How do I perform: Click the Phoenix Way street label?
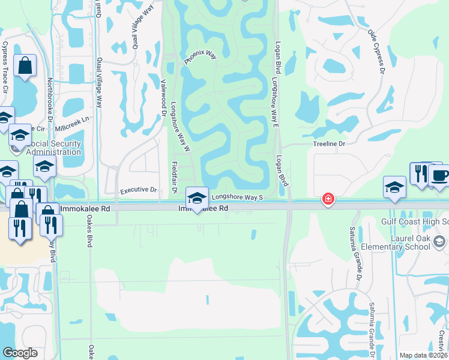click(200, 57)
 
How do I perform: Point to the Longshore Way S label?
click(238, 196)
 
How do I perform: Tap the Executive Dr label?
click(138, 190)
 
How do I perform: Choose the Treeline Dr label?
click(330, 144)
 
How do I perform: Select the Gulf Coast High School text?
click(415, 221)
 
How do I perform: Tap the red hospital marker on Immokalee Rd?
click(328, 199)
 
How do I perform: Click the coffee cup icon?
click(440, 175)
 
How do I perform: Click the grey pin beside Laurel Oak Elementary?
click(439, 241)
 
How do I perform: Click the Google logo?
click(20, 353)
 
